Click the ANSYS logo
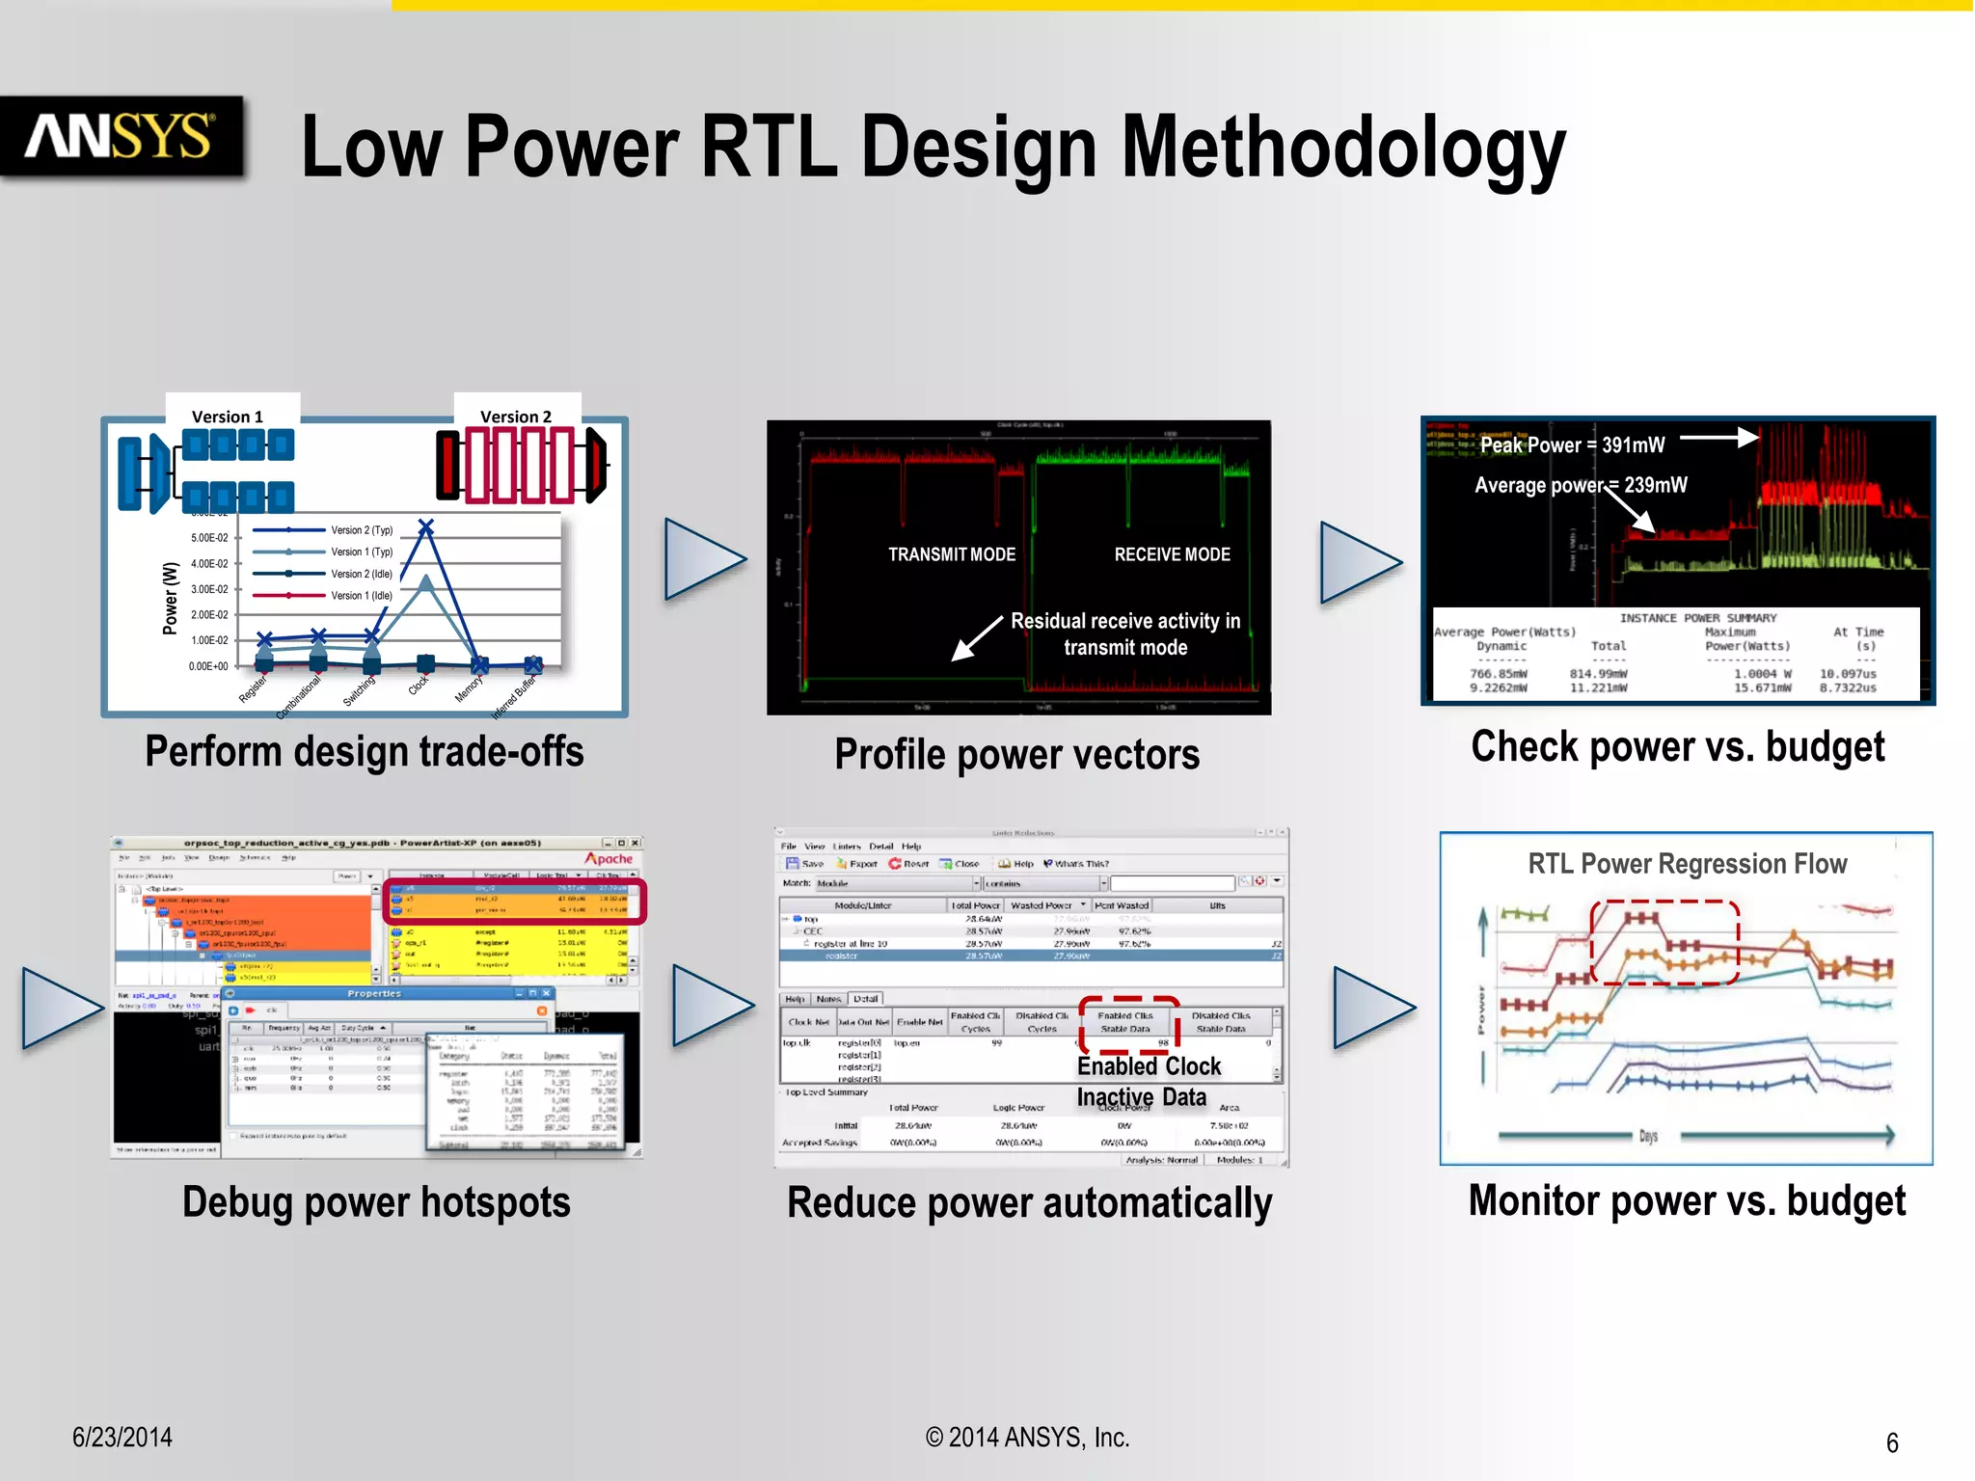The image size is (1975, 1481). point(120,136)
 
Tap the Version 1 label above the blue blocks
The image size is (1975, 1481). point(227,417)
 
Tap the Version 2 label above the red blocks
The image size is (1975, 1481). point(516,417)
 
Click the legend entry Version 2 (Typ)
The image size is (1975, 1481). point(362,530)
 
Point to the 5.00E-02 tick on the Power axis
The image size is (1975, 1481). point(209,538)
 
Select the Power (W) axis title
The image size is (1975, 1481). point(171,598)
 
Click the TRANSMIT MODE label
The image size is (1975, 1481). point(952,554)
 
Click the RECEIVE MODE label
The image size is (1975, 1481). point(1172,554)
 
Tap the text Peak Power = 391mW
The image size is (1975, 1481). point(1572,444)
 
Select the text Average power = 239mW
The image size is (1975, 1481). point(1581,485)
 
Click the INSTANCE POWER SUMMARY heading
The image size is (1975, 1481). point(1697,618)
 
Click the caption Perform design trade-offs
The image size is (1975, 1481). point(365,751)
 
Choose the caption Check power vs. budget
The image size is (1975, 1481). point(1677,747)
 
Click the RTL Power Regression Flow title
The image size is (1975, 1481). point(1687,864)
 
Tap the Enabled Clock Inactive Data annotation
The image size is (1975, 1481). point(1148,1081)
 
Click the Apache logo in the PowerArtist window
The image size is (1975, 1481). point(609,858)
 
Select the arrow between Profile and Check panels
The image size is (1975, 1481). point(1359,563)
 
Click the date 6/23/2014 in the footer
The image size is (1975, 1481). point(122,1437)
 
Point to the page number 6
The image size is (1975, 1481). point(1891,1442)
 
